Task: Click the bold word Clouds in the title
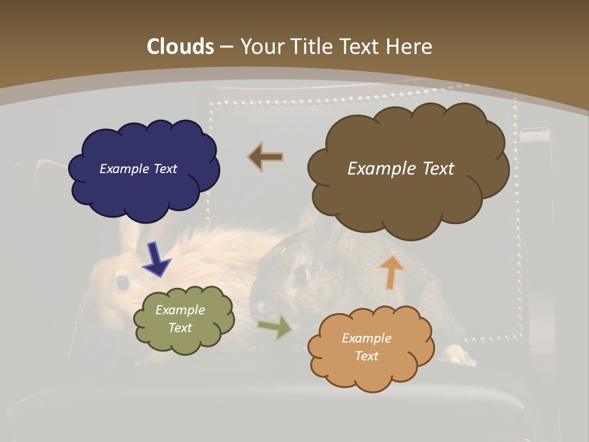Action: click(x=180, y=46)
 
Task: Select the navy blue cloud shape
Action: click(x=144, y=170)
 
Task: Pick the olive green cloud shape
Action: click(x=183, y=319)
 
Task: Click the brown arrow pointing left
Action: click(x=266, y=157)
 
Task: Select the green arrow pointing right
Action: click(x=276, y=327)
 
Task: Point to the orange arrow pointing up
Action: click(x=391, y=271)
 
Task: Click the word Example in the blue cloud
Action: click(x=123, y=169)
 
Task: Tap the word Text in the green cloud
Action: click(x=180, y=328)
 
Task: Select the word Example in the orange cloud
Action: click(x=366, y=338)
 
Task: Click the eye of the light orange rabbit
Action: click(x=122, y=282)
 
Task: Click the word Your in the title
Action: click(x=259, y=46)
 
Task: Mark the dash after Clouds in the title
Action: click(x=227, y=47)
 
